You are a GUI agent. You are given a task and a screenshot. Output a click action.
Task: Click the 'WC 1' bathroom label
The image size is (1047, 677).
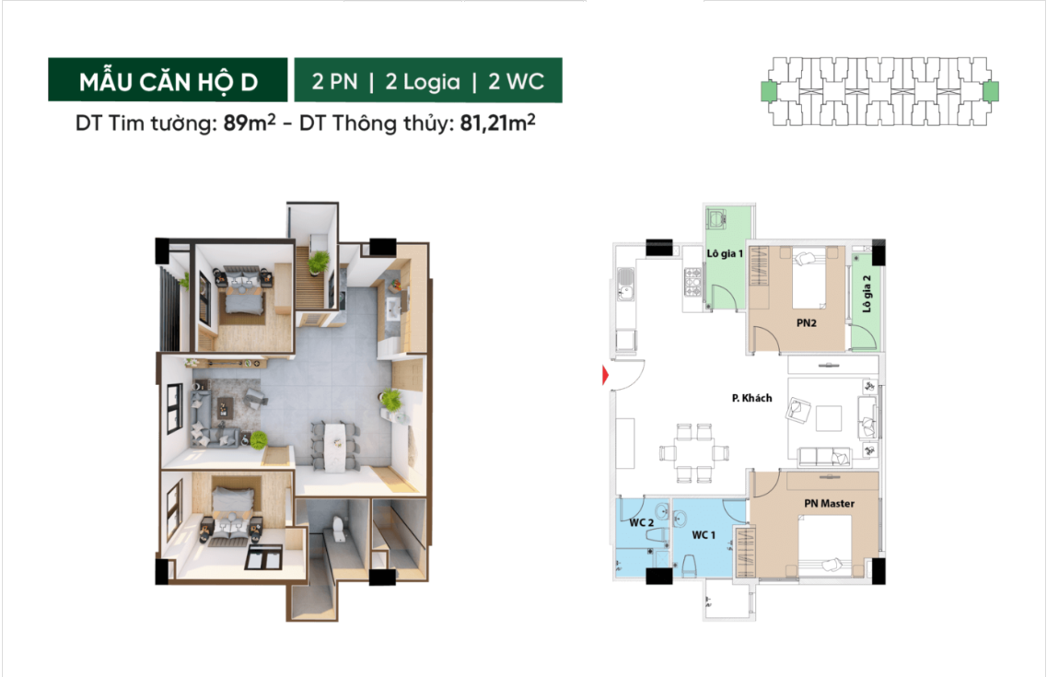click(x=704, y=535)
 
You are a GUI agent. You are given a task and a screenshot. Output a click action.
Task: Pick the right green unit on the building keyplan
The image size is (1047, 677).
click(x=991, y=91)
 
